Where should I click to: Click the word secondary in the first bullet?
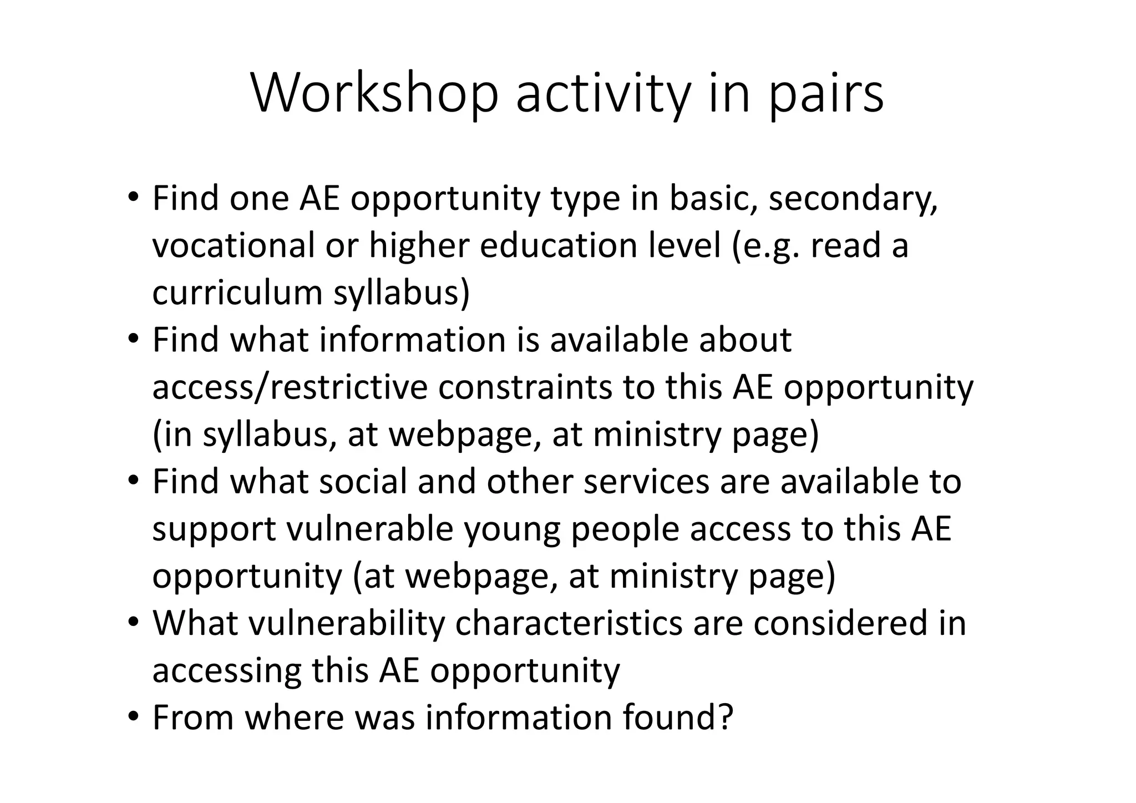click(853, 199)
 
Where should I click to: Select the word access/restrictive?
click(290, 387)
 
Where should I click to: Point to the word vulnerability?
click(346, 623)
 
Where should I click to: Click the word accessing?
click(226, 671)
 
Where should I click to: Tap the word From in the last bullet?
click(193, 717)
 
